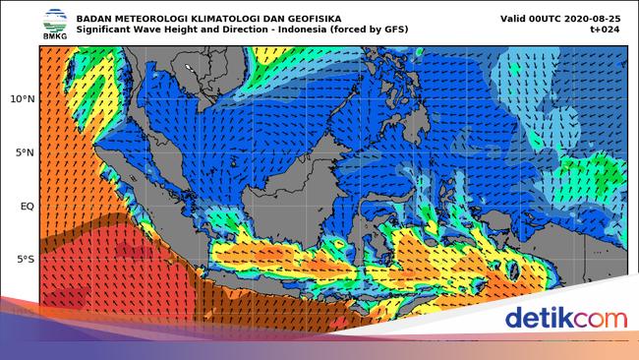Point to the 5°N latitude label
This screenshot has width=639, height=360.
coord(24,152)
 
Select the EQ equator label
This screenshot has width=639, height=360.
coord(27,207)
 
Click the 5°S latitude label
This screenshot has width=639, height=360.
coord(24,260)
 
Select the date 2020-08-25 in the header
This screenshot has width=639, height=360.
coord(592,18)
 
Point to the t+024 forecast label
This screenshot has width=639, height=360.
coord(608,30)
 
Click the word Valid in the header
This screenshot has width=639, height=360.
coord(515,18)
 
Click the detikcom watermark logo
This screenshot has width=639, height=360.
coord(565,319)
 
